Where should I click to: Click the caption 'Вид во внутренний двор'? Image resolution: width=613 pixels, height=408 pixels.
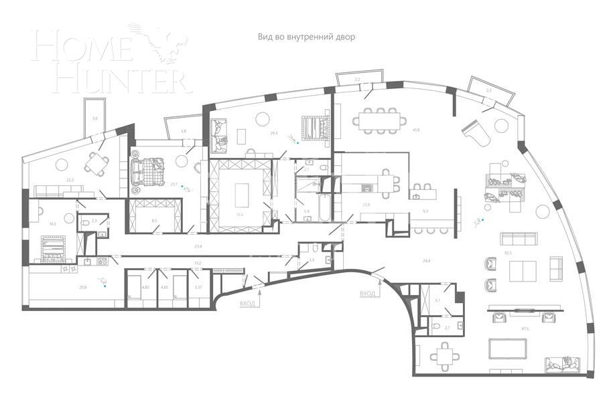(306, 37)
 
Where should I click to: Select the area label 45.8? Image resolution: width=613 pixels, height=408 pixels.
(416, 130)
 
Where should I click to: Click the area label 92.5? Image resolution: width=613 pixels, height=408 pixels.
(508, 253)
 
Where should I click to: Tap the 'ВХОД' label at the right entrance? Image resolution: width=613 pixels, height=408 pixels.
(368, 293)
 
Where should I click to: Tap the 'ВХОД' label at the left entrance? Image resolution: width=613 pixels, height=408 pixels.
(247, 303)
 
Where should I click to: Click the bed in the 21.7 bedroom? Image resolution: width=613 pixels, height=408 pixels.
(149, 171)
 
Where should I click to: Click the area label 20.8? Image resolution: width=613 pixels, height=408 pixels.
(82, 287)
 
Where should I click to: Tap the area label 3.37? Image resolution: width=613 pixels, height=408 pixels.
(197, 287)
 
